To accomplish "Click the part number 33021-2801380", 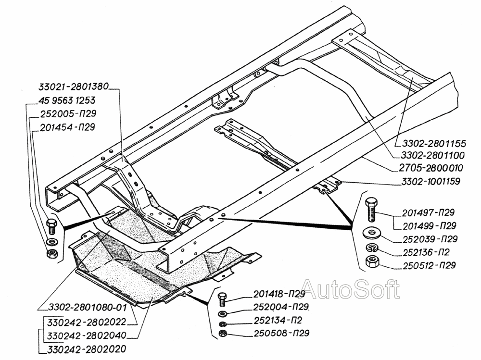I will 73,87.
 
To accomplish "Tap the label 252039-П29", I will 427,238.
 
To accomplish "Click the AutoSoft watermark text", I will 351,290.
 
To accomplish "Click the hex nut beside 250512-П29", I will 371,263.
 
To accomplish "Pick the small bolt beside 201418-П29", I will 222,298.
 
